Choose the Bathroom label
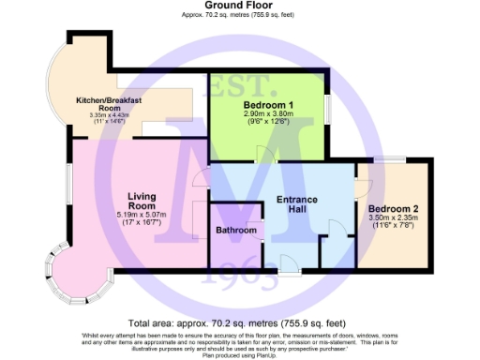(236, 230)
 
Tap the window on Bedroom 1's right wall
(327, 107)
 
